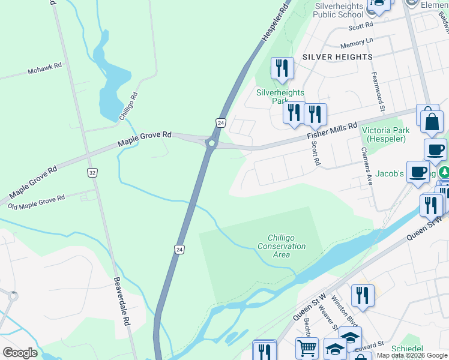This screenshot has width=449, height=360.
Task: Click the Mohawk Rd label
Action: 45,71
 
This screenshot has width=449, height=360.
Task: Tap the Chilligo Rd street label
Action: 129,106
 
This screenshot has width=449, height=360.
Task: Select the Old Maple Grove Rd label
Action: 36,203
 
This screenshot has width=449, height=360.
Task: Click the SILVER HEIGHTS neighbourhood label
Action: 337,56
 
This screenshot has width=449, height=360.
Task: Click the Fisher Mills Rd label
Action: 332,128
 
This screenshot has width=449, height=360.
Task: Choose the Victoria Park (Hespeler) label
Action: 384,134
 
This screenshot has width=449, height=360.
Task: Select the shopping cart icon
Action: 307,347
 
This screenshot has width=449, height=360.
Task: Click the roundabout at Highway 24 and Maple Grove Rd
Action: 211,143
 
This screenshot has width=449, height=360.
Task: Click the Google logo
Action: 20,353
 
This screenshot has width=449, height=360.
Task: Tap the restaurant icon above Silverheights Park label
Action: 282,68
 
